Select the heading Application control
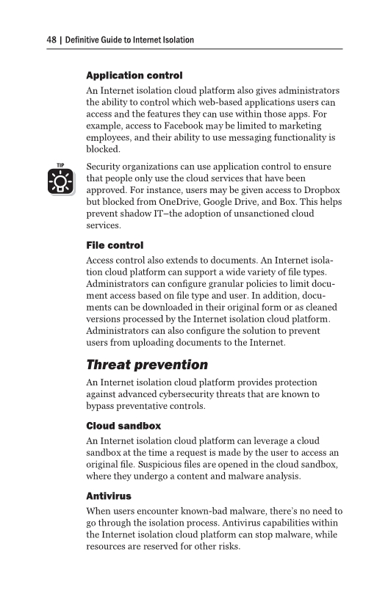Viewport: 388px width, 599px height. coord(134,76)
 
